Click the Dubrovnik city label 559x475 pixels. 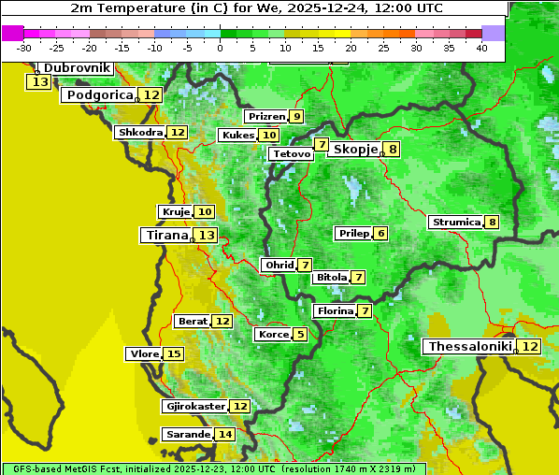click(77, 68)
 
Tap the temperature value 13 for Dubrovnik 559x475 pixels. click(39, 82)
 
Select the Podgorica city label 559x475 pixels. click(99, 95)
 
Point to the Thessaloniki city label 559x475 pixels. click(470, 347)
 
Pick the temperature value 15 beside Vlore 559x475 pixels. click(174, 353)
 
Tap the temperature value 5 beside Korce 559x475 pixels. click(299, 334)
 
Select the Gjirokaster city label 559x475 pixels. click(195, 406)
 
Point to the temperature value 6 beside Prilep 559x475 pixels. click(380, 233)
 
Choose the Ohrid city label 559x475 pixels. click(279, 266)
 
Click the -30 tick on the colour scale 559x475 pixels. click(24, 48)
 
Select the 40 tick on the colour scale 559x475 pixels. click(481, 48)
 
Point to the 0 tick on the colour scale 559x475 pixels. click(221, 48)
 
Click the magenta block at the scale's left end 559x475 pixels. click(13, 33)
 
